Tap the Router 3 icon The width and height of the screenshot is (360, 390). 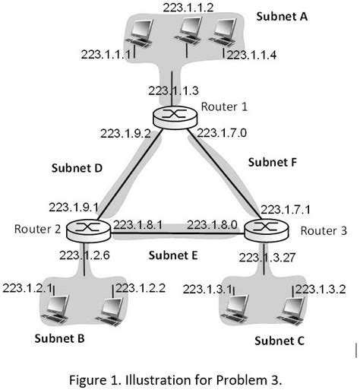(263, 227)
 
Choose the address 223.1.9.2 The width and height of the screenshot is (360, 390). (123, 134)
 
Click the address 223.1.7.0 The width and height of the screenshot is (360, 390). (223, 134)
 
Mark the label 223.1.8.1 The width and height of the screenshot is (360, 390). (138, 225)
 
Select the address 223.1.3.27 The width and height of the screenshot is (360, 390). (267, 257)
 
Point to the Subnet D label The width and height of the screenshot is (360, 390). (77, 168)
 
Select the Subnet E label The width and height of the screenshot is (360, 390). (173, 255)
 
